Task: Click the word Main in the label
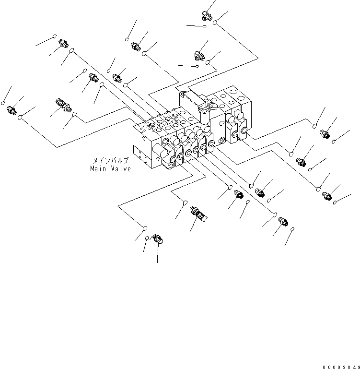[x=98, y=169]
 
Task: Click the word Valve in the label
[x=119, y=169]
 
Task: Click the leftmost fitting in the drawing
[x=12, y=110]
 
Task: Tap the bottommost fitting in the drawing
[x=157, y=239]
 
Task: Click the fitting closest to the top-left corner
[x=63, y=45]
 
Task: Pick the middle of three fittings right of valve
[x=302, y=162]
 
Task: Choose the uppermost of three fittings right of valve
[x=325, y=134]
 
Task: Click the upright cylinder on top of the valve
[x=203, y=118]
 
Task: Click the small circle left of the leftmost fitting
[x=3, y=103]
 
